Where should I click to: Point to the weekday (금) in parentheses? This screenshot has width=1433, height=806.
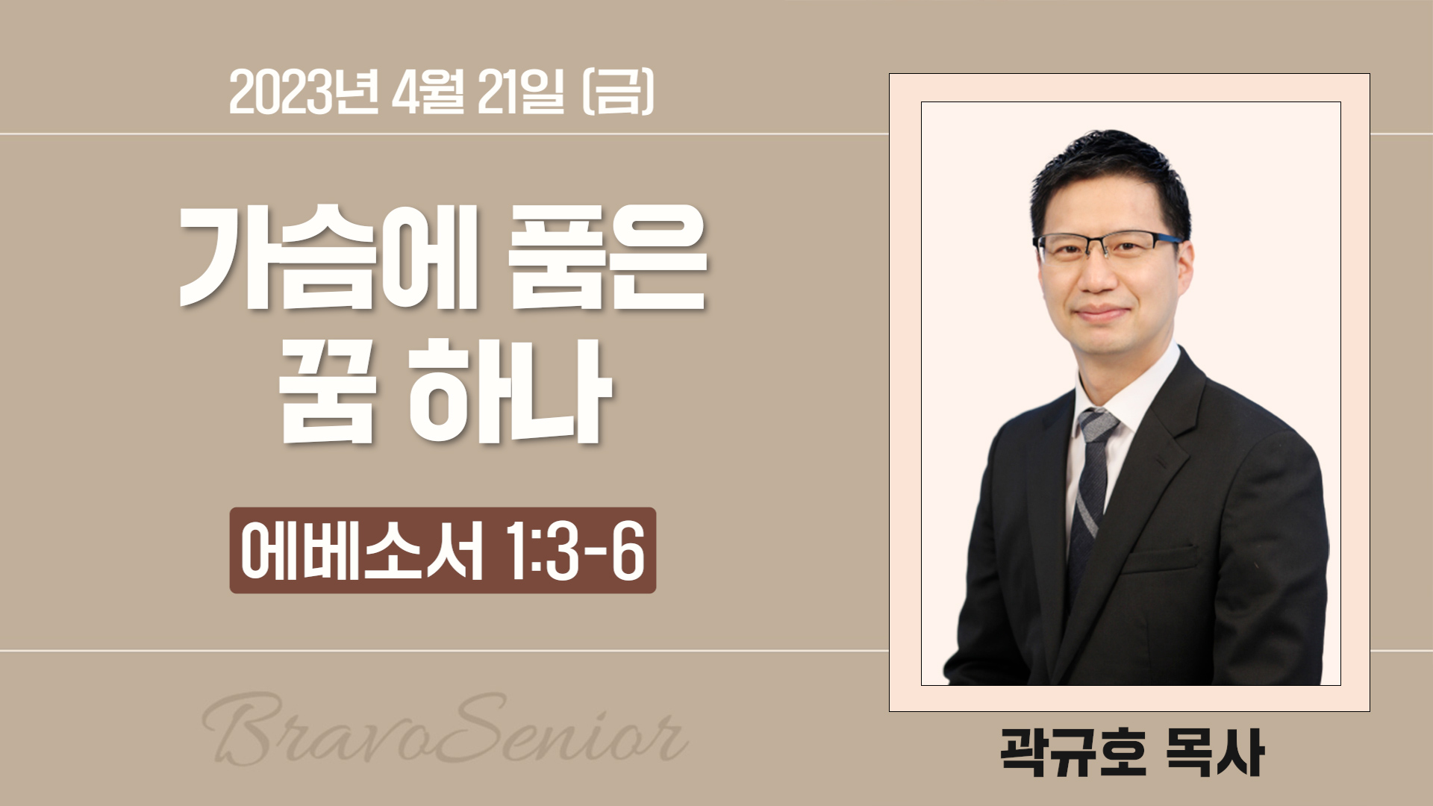click(616, 96)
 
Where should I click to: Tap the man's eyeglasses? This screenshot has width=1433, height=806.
click(1108, 246)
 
